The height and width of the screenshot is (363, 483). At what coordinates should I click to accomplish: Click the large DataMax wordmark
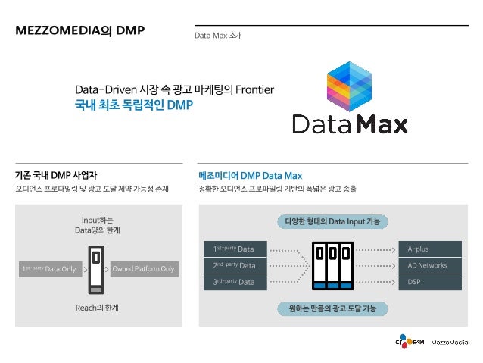click(x=349, y=123)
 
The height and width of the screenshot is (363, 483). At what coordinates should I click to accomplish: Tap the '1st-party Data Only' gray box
click(x=48, y=269)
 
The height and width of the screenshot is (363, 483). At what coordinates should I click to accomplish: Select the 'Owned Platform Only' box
click(x=143, y=269)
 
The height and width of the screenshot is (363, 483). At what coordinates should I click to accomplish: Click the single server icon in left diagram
click(x=95, y=269)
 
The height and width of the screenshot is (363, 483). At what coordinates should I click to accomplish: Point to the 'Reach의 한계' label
click(x=97, y=308)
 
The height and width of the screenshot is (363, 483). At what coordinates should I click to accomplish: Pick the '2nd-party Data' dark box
click(x=234, y=265)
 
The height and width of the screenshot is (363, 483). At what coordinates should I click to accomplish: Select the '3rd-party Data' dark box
click(x=234, y=282)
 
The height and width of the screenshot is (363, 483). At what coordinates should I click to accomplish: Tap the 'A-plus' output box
click(x=430, y=249)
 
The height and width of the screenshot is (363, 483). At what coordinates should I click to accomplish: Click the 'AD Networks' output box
click(x=430, y=265)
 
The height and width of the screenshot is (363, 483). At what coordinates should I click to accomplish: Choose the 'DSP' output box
click(x=430, y=282)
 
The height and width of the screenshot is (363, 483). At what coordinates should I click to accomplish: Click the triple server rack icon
click(x=332, y=265)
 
